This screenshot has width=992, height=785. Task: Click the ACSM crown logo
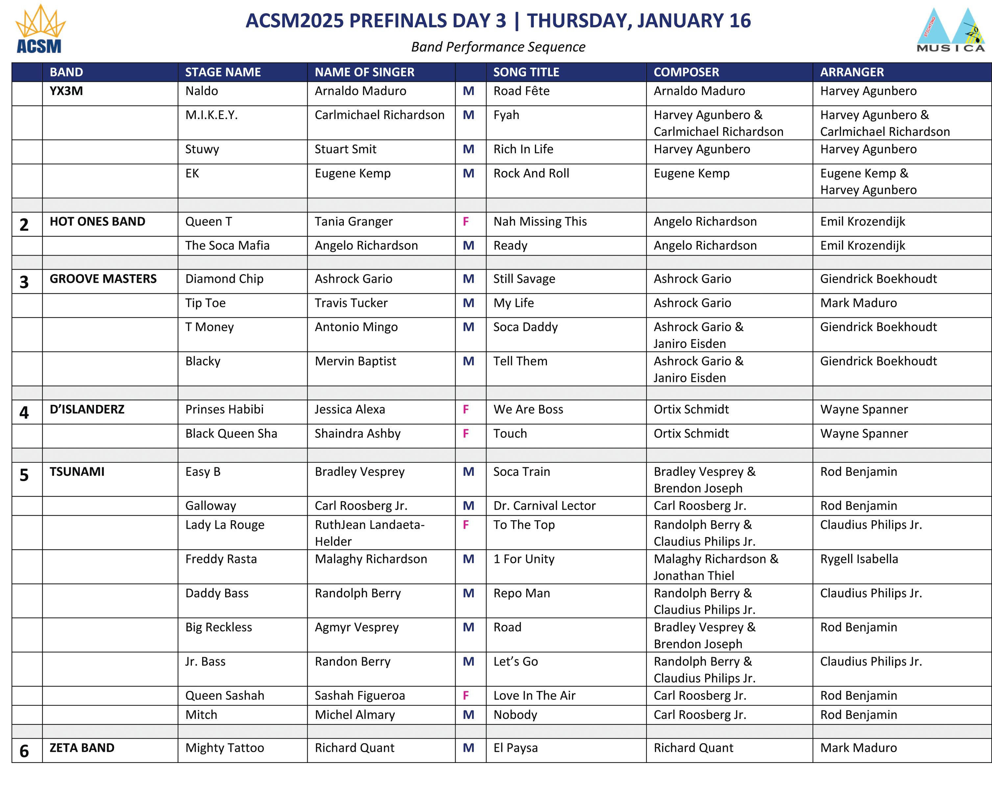pyautogui.click(x=40, y=29)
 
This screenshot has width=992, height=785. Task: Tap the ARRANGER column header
pyautogui.click(x=851, y=72)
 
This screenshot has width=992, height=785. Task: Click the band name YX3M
pyautogui.click(x=66, y=91)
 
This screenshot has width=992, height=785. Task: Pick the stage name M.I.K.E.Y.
pyautogui.click(x=211, y=115)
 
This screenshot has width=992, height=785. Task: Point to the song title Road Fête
pyautogui.click(x=521, y=91)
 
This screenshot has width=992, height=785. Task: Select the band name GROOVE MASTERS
pyautogui.click(x=103, y=279)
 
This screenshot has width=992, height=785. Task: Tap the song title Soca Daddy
pyautogui.click(x=525, y=327)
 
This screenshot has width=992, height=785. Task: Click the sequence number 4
pyautogui.click(x=24, y=412)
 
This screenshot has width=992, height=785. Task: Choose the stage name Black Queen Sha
pyautogui.click(x=231, y=433)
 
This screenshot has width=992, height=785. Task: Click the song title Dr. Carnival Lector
pyautogui.click(x=544, y=505)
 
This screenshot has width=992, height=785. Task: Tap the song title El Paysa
pyautogui.click(x=515, y=748)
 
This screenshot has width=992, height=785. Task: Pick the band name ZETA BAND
pyautogui.click(x=82, y=748)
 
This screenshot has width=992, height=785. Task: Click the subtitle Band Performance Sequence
pyautogui.click(x=498, y=47)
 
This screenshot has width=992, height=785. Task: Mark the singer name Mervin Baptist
pyautogui.click(x=355, y=361)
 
